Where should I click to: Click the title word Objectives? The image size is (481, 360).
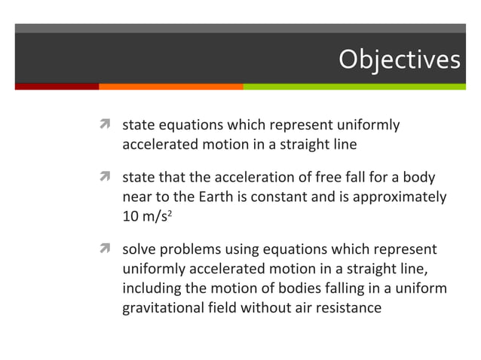(398, 59)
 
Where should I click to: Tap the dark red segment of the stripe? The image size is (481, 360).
(57, 86)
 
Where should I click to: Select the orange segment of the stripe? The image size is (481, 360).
(170, 86)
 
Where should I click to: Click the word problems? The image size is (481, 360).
(191, 249)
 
